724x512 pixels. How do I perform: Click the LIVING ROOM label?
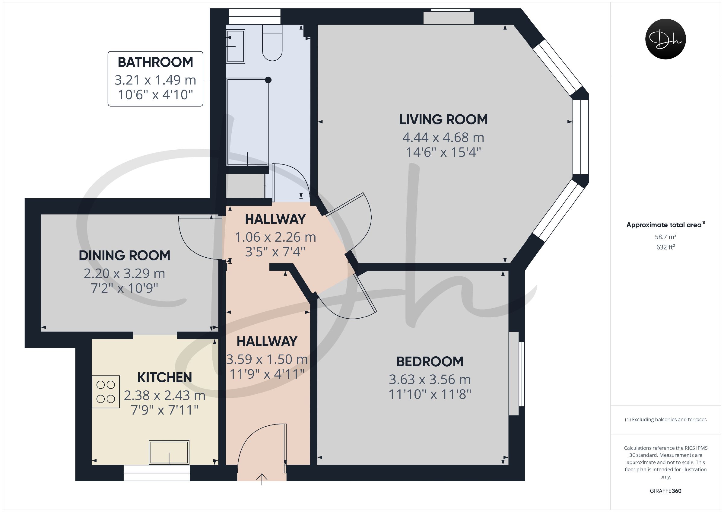443,119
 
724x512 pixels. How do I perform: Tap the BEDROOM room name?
430,361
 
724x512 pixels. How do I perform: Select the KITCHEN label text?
165,378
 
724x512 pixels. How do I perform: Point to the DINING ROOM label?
124,256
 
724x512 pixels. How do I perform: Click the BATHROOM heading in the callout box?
155,62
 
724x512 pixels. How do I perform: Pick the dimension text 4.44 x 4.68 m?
443,138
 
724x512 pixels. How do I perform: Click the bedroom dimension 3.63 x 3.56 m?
430,380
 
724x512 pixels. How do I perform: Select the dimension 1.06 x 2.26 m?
275,237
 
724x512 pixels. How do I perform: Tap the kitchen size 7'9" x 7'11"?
165,410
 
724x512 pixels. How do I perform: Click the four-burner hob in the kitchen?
106,392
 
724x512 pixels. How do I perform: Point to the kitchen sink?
169,452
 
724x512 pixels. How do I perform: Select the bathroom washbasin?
236,46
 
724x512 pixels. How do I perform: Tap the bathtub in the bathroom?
248,122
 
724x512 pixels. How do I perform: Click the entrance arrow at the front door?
262,479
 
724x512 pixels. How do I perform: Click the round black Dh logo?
665,39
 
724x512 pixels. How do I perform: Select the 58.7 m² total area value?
665,237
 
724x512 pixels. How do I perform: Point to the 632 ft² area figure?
665,247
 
